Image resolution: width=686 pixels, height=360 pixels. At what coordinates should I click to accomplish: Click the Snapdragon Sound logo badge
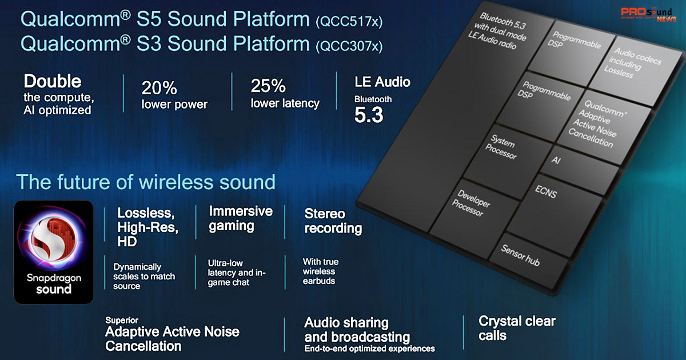pyautogui.click(x=54, y=251)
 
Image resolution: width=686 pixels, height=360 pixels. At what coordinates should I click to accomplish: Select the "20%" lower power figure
pyautogui.click(x=159, y=88)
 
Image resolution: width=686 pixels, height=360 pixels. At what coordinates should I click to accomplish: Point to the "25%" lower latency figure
pyautogui.click(x=268, y=86)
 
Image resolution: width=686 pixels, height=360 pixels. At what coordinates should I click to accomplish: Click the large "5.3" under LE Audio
pyautogui.click(x=369, y=115)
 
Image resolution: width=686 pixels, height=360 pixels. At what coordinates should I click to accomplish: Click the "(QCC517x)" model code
pyautogui.click(x=349, y=22)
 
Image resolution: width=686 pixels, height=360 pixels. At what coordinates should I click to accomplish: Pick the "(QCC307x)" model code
pyautogui.click(x=349, y=46)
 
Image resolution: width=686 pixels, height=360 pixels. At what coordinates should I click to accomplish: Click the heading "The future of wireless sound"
pyautogui.click(x=146, y=182)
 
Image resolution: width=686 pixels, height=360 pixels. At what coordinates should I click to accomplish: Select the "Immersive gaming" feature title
pyautogui.click(x=241, y=218)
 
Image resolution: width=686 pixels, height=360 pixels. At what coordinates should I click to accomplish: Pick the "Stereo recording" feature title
pyautogui.click(x=333, y=221)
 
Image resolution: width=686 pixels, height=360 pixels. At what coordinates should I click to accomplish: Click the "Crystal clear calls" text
pyautogui.click(x=517, y=328)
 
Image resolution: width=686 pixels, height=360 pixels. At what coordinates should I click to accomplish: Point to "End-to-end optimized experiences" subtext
pyautogui.click(x=369, y=349)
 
